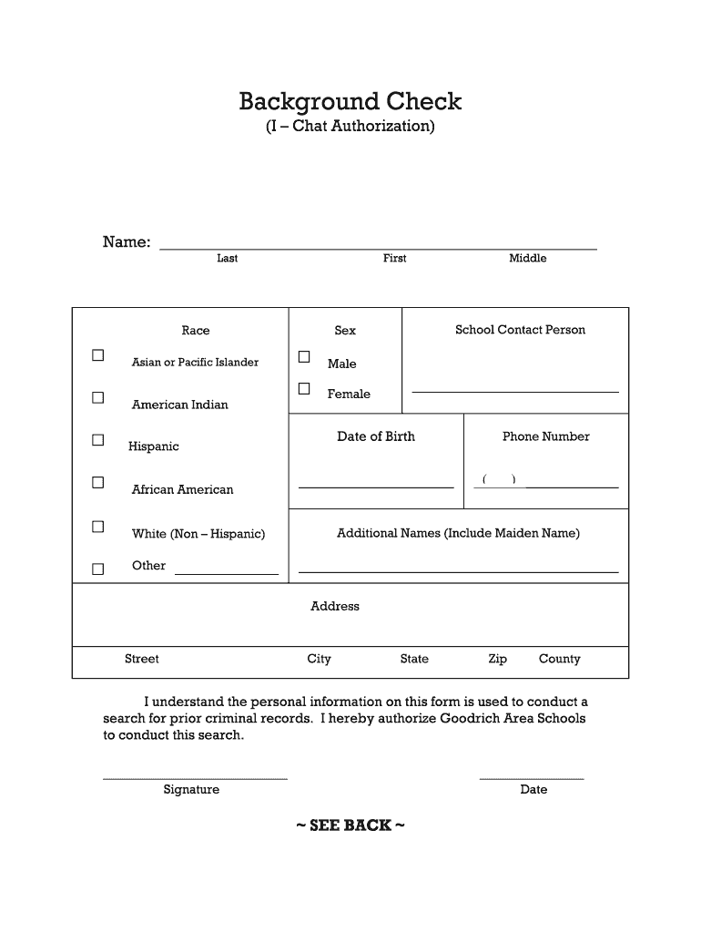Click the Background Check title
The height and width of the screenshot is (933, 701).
tap(350, 101)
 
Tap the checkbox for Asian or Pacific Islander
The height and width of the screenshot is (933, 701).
tap(97, 355)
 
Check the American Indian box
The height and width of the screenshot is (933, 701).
tap(97, 397)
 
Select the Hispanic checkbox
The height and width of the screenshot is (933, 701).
tap(97, 440)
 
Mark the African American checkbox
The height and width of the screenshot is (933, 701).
tap(97, 482)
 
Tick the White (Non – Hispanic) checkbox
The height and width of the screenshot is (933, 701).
tap(97, 527)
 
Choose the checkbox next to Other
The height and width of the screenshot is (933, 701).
tap(97, 569)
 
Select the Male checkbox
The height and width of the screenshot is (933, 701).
tap(304, 356)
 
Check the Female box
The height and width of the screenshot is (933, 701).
tap(304, 389)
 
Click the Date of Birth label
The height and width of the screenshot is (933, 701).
tap(376, 436)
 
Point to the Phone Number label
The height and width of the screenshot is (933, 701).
tap(545, 436)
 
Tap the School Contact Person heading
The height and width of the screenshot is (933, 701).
tap(520, 330)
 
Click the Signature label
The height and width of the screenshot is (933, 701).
tap(191, 790)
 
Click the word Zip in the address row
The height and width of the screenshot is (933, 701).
tap(497, 659)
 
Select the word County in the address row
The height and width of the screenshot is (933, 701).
tap(559, 659)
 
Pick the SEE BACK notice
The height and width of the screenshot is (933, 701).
tap(350, 825)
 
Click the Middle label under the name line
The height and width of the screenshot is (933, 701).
tap(527, 259)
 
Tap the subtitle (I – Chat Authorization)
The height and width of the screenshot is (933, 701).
tap(350, 126)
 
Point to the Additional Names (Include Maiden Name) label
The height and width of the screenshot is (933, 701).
tap(458, 533)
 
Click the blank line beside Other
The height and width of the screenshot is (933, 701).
tap(227, 573)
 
